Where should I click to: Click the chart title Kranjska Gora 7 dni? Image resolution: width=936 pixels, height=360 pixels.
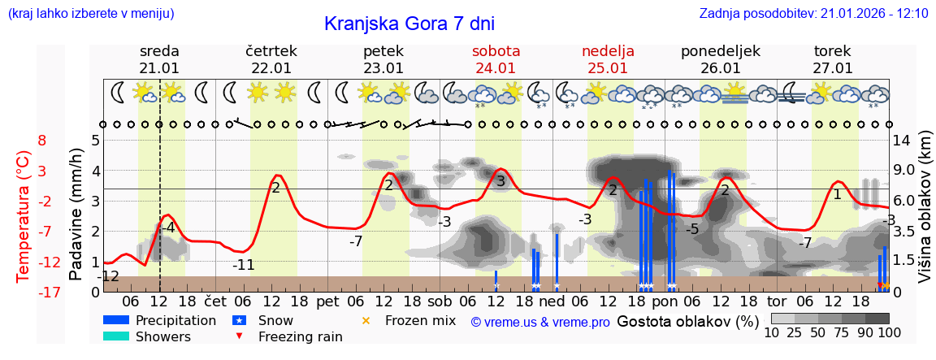[x=409, y=24]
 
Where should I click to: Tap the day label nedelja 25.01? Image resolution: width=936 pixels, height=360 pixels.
[x=608, y=59]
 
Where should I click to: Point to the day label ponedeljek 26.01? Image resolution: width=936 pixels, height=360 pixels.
[x=720, y=59]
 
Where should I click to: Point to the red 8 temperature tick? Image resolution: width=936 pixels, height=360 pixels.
[x=42, y=141]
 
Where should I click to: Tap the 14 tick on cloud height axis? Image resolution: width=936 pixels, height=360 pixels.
[x=903, y=141]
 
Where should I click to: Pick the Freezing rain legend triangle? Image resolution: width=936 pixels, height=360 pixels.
[x=238, y=336]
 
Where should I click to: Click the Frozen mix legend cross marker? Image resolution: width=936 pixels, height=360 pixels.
[x=366, y=321]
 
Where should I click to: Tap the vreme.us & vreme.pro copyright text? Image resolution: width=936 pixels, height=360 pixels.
[x=540, y=322]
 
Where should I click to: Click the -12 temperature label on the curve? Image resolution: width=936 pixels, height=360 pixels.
[x=107, y=277]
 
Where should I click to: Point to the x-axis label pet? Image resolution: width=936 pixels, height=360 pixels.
[x=327, y=300]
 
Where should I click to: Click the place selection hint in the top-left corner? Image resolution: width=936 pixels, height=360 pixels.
[x=90, y=14]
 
